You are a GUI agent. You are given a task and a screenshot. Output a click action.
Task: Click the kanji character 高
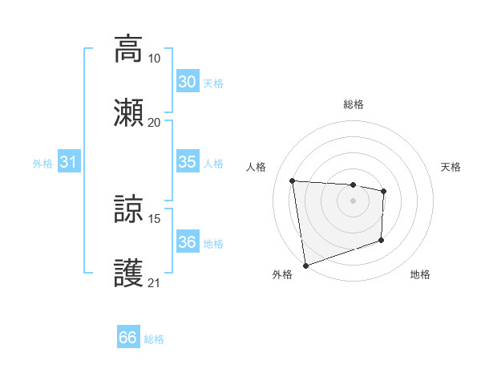coord(128,48)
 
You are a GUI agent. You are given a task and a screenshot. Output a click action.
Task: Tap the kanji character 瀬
coord(128,112)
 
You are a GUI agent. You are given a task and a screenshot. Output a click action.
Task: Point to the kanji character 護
coord(128,274)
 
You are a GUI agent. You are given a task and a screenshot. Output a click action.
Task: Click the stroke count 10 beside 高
coord(154,59)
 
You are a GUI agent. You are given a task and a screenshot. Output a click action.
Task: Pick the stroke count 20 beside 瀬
coord(154,123)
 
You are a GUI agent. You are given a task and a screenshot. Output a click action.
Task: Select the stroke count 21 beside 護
coord(154,283)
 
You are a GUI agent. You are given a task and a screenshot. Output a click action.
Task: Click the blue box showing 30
coord(187,82)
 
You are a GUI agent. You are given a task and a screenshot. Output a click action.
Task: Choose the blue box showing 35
coord(187,162)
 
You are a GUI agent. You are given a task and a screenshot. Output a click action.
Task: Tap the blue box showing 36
coord(187,242)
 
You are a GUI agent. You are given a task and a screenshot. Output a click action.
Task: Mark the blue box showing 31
coord(69,162)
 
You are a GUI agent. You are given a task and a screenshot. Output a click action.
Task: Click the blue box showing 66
coord(128,338)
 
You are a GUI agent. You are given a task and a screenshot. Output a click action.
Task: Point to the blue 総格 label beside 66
coord(154,339)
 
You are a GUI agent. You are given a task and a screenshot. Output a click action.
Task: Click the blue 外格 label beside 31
coord(42,164)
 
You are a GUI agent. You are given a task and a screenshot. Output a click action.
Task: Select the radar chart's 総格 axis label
coord(353,104)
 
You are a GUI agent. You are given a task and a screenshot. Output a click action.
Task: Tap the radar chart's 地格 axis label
coord(420,274)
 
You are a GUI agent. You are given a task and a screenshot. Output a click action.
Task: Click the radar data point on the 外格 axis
coord(305,265)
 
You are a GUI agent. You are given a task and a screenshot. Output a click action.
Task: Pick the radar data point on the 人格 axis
coord(293,180)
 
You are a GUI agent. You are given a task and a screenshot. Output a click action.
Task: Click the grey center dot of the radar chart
coord(353,201)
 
